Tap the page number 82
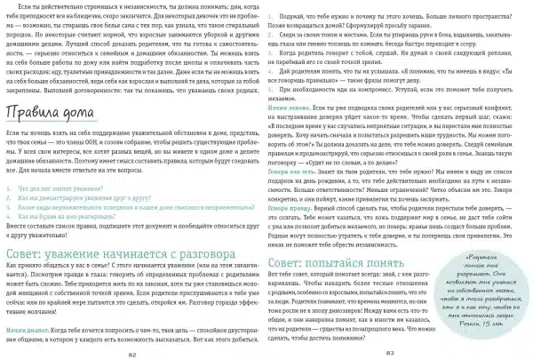133,354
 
